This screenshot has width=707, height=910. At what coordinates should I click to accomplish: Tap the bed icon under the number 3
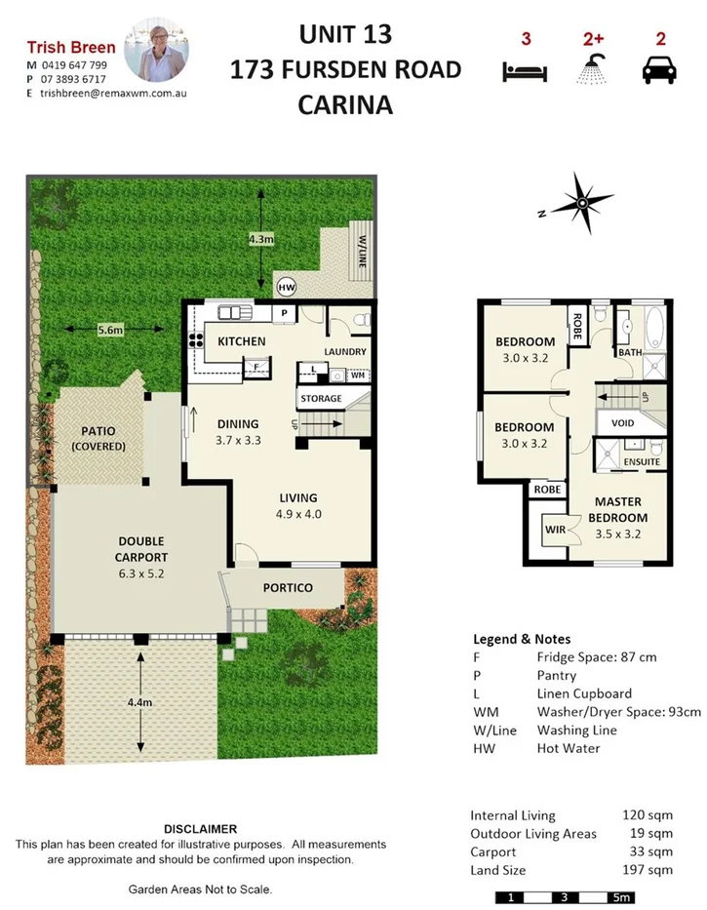pos(525,71)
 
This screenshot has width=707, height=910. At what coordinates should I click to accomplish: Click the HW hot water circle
pos(287,287)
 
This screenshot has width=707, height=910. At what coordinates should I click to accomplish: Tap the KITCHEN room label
pos(241,341)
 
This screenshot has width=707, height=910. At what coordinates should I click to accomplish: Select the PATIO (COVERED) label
pos(98,439)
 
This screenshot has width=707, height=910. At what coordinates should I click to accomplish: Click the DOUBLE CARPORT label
pos(140,549)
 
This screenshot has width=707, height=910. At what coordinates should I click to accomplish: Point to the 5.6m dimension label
pos(110,331)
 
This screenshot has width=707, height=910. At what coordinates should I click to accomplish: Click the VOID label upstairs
pos(622,424)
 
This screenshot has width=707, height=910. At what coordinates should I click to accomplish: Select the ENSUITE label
pos(643,461)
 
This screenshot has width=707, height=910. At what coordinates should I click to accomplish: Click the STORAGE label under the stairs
pos(321,398)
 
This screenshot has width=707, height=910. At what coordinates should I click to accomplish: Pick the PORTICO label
pos(288,587)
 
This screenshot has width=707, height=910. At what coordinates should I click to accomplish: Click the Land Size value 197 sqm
pos(648,870)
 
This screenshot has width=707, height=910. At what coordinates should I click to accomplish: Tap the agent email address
pos(113,94)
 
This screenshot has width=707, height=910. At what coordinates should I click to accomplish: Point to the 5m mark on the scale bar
pos(620,896)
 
